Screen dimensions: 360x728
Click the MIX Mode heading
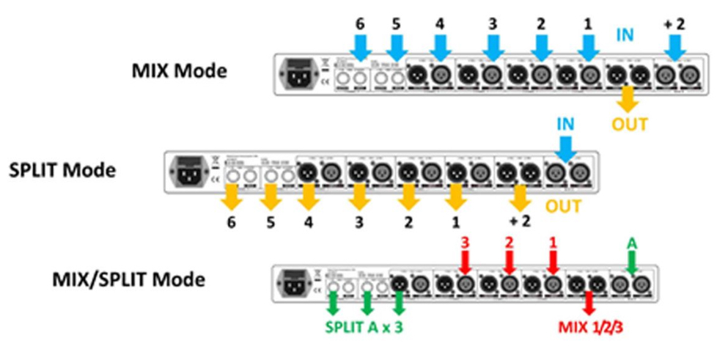(180, 72)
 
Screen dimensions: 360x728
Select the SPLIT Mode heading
(62, 170)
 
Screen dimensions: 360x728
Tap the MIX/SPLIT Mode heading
(128, 279)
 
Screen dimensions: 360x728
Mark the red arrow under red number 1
(554, 260)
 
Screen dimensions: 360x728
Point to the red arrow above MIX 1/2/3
(587, 303)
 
